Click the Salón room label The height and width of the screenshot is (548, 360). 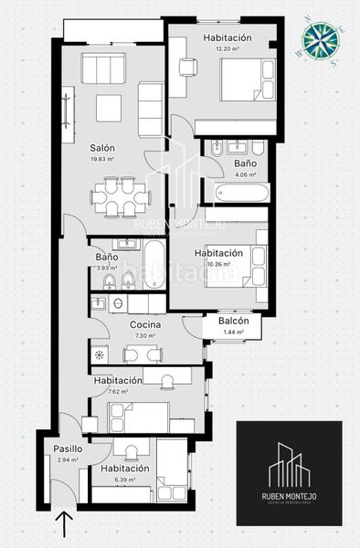point(101,148)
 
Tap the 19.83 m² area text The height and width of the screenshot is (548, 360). point(102,159)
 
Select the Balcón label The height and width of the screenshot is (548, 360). point(234,321)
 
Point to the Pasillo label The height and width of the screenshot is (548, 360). point(68,448)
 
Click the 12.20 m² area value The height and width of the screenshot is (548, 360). point(228,48)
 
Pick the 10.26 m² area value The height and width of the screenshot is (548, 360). point(218,264)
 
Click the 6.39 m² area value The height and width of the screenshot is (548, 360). point(119,479)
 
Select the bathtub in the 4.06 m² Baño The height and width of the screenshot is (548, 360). point(242,193)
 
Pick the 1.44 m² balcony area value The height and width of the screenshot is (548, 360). point(234,332)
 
